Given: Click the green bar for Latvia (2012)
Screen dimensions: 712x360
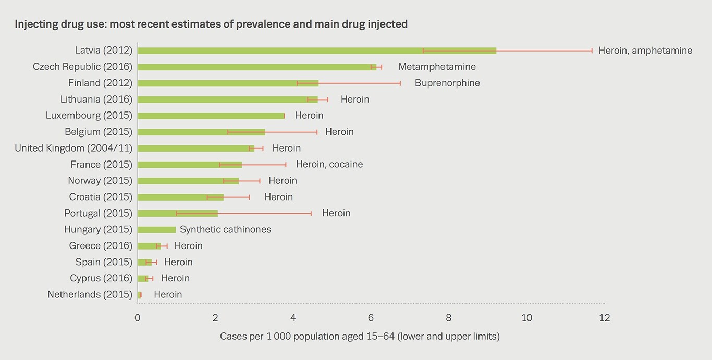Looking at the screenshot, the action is [317, 51].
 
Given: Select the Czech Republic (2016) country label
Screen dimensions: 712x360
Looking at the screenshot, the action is [82, 67].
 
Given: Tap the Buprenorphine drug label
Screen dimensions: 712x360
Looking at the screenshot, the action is [447, 83].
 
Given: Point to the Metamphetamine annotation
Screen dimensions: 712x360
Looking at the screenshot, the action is [437, 67].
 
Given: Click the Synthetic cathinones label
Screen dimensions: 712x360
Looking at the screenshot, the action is [225, 229].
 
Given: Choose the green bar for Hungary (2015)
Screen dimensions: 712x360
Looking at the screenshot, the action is [157, 230].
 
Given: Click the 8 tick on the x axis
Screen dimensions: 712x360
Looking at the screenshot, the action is [448, 318].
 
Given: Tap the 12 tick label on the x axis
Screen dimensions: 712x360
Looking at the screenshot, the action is [604, 318].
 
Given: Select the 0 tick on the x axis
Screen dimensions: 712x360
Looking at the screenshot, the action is [137, 318].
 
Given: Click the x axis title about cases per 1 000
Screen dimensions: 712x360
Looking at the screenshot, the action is [360, 336].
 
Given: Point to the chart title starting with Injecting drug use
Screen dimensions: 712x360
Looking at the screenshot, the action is [211, 24].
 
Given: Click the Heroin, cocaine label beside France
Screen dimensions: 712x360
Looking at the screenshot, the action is [329, 164].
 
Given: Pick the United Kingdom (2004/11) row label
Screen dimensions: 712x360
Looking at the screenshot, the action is [73, 148].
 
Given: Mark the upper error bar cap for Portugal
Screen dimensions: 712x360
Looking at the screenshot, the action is [311, 214].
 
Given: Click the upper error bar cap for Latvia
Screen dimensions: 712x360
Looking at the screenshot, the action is [592, 51].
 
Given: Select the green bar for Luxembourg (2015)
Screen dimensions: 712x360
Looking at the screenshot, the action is [211, 116].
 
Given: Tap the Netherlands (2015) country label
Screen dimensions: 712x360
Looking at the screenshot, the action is [90, 294].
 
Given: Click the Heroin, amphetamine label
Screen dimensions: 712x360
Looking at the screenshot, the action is [645, 51].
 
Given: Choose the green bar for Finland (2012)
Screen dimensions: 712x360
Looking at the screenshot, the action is [228, 83].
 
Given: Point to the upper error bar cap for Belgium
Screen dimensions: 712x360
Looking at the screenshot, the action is [317, 132].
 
